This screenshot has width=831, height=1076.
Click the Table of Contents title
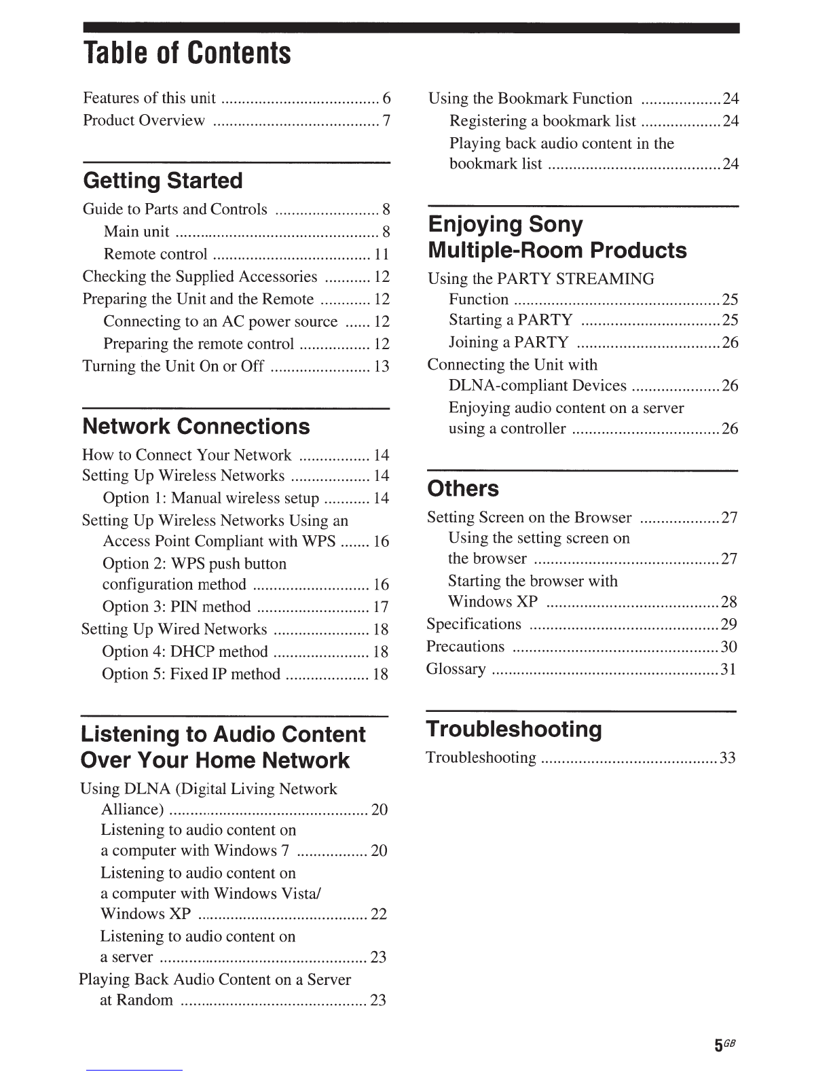[x=187, y=53]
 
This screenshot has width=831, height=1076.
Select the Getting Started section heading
[x=163, y=181]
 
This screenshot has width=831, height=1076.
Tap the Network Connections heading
[x=196, y=427]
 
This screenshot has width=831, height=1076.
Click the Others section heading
[x=463, y=488]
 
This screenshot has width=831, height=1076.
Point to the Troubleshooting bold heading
[x=514, y=730]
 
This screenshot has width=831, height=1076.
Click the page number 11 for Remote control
[x=382, y=254]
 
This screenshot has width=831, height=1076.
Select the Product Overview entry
[x=144, y=121]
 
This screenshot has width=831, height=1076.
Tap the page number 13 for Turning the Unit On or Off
[x=382, y=366]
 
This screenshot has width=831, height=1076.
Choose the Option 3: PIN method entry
[x=177, y=607]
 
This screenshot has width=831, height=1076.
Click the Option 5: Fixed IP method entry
[x=191, y=674]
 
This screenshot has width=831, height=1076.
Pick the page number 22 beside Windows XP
[x=379, y=914]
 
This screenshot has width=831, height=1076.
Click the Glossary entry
[x=456, y=669]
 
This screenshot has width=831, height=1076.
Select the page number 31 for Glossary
[x=728, y=669]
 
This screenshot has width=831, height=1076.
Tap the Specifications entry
[x=474, y=624]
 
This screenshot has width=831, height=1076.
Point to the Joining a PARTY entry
[x=509, y=342]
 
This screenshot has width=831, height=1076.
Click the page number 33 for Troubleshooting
[x=728, y=758]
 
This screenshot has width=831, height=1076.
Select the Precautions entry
[x=466, y=647]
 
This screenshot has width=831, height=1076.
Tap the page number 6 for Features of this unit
[x=386, y=98]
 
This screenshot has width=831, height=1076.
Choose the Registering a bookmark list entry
[x=542, y=122]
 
